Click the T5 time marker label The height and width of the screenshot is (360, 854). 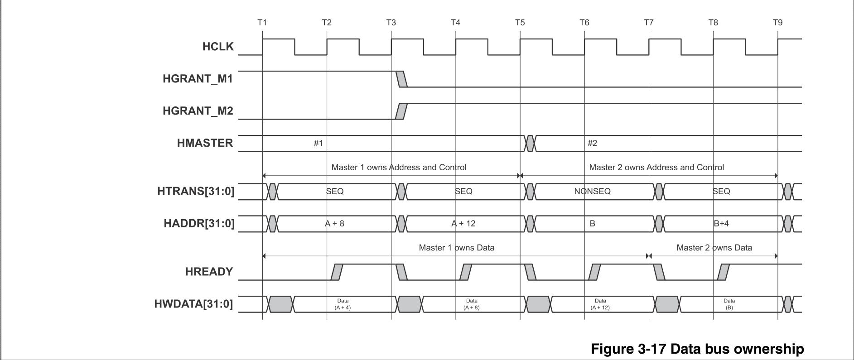[520, 22]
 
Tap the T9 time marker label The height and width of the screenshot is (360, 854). [777, 22]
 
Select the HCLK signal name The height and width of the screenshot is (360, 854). [218, 47]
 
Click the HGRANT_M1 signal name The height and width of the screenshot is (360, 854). [198, 79]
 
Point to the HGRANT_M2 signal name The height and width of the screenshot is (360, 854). [198, 111]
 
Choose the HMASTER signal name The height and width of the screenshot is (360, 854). [205, 143]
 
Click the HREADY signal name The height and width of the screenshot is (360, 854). [209, 272]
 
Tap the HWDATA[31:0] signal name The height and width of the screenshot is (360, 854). [194, 304]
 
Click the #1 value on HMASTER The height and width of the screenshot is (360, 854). [318, 143]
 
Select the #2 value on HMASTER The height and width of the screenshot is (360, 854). [592, 143]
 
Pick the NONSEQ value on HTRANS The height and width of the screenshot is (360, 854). [592, 191]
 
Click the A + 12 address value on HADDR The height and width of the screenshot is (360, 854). [463, 223]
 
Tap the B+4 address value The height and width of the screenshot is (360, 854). [721, 223]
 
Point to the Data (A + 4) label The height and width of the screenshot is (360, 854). [343, 304]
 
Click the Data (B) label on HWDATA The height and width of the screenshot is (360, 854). [729, 304]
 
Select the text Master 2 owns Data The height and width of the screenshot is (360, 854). [714, 248]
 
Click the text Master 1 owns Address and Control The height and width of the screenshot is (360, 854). [399, 167]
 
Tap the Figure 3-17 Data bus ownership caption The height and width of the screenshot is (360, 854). [697, 349]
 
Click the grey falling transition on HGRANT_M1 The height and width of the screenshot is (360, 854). [401, 79]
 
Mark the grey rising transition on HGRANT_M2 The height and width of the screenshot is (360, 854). [401, 111]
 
